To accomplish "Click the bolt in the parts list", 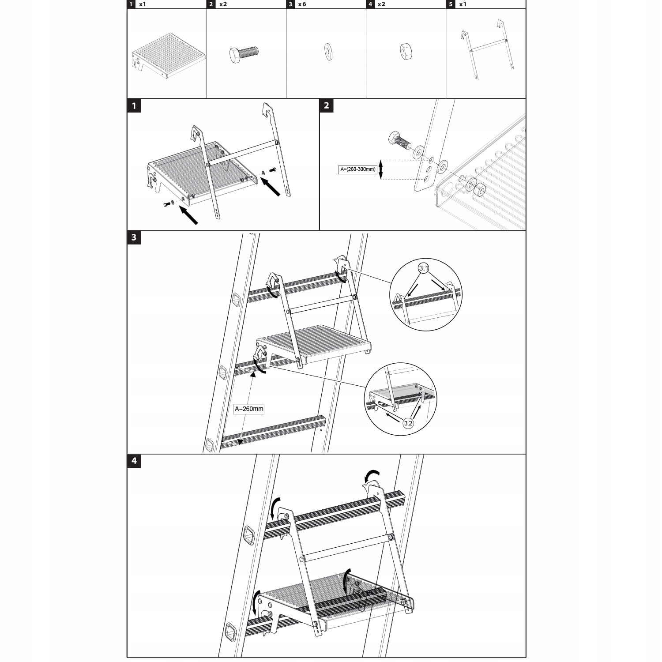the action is [x=244, y=54].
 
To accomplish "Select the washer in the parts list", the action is [x=328, y=51].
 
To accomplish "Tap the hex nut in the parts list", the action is [x=406, y=51].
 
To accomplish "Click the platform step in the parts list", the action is [x=169, y=55].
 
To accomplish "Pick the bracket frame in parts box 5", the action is [x=487, y=49].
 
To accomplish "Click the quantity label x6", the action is [x=302, y=4].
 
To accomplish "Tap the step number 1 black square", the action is [x=134, y=106].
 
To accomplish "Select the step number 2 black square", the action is [x=326, y=105].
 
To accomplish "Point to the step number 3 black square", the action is [x=134, y=237].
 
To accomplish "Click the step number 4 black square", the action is [x=134, y=461].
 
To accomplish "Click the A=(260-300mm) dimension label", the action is [x=358, y=169].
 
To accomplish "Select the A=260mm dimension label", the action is [x=249, y=409].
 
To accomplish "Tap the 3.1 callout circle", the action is [x=424, y=268].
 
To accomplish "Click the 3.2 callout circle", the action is [x=408, y=423].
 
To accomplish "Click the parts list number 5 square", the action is [x=451, y=4].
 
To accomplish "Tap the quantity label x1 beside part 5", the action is [x=463, y=4].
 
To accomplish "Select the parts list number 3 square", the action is [x=290, y=4].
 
